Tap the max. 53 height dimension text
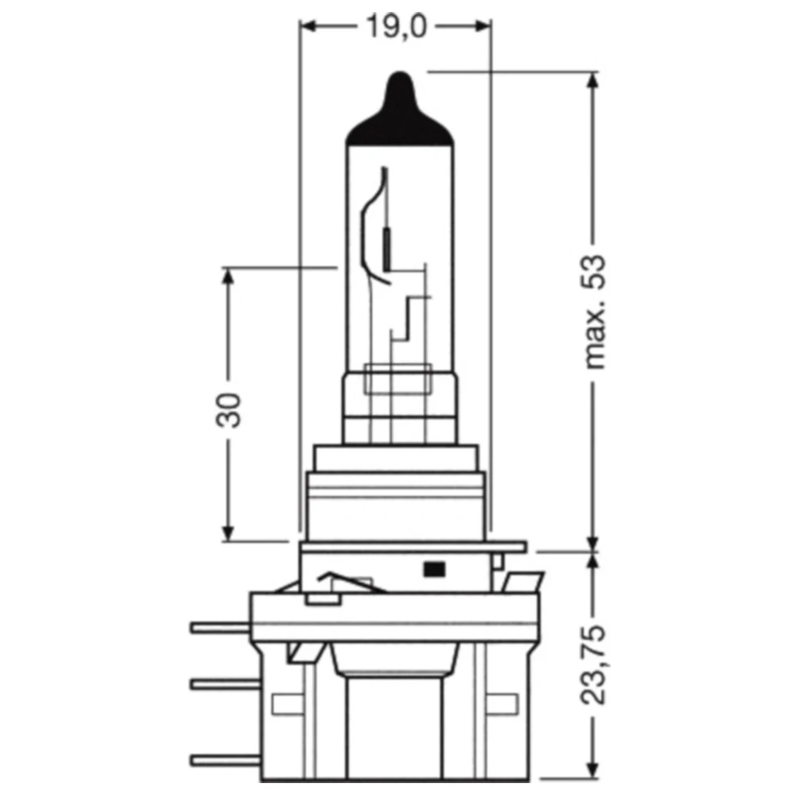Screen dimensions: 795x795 coord(595,312)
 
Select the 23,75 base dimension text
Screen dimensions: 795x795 coord(595,666)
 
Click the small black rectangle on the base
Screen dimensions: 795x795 coord(433,568)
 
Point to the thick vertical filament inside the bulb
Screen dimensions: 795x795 coord(387,249)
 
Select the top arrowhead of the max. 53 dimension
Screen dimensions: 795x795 coord(592,81)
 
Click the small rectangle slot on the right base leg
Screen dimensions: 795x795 coord(500,703)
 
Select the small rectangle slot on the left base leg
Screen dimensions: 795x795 coord(283,703)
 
